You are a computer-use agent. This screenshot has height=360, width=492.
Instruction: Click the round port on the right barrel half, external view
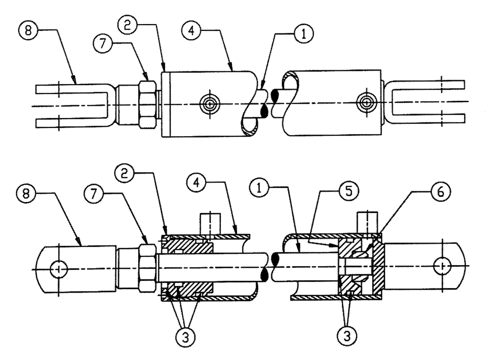point(366,103)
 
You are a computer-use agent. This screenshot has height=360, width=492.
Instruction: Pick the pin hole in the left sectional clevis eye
point(59,269)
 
